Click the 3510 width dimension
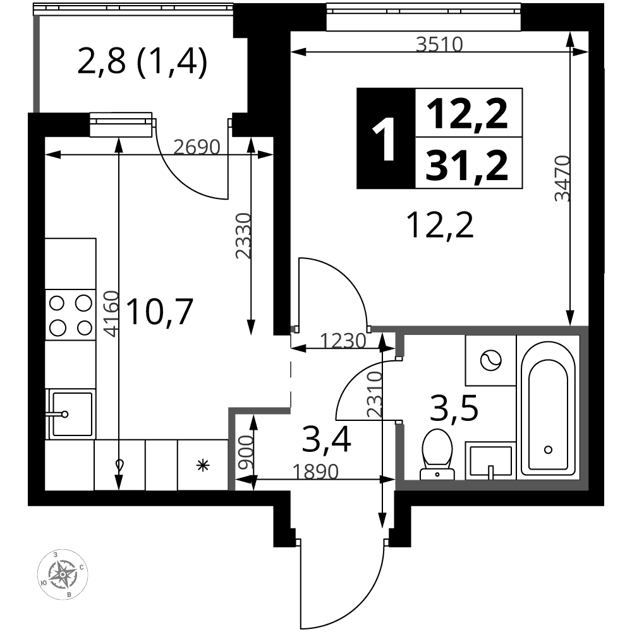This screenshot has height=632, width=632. pyautogui.click(x=439, y=44)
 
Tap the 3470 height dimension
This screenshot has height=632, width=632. pyautogui.click(x=562, y=178)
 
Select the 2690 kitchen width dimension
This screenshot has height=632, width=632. pyautogui.click(x=197, y=147)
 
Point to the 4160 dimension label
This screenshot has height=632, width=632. pyautogui.click(x=111, y=313)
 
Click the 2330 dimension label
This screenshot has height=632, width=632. pyautogui.click(x=243, y=235)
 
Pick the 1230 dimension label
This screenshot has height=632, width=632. pyautogui.click(x=343, y=341)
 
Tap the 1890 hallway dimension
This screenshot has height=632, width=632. pyautogui.click(x=315, y=471)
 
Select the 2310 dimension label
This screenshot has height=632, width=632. pyautogui.click(x=375, y=394)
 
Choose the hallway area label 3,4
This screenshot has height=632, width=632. pyautogui.click(x=326, y=441)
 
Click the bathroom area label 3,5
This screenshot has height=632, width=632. pyautogui.click(x=454, y=408)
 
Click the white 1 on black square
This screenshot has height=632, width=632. pyautogui.click(x=384, y=139)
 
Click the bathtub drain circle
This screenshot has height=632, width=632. pyautogui.click(x=548, y=449)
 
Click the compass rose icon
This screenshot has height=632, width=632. pyautogui.click(x=63, y=574)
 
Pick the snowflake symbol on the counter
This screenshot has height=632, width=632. pyautogui.click(x=203, y=466)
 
